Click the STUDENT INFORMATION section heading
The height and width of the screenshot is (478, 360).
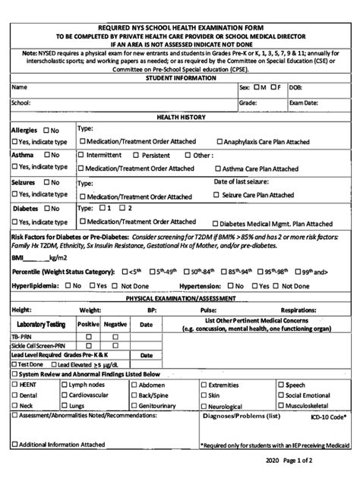click(180, 77)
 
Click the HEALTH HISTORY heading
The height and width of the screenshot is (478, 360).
click(180, 118)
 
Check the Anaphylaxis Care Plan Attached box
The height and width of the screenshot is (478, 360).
click(220, 141)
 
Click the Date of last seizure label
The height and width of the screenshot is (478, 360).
click(241, 182)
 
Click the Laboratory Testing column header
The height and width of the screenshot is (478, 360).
click(39, 324)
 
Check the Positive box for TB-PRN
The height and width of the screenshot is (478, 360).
click(88, 336)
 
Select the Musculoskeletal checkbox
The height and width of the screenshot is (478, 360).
click(281, 406)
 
